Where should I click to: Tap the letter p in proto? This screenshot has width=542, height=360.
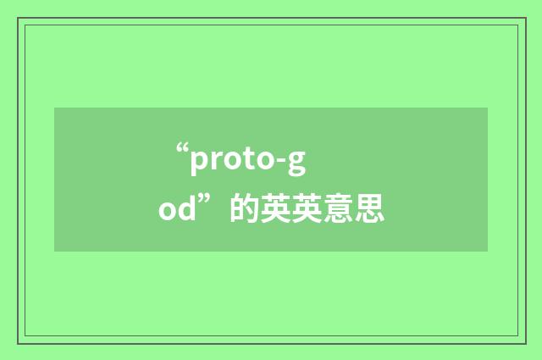pyautogui.click(x=199, y=163)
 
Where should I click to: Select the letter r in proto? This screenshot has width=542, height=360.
pyautogui.click(x=215, y=161)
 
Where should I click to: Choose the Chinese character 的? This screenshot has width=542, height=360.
pyautogui.click(x=243, y=208)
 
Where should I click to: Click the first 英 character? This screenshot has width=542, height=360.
pyautogui.click(x=274, y=208)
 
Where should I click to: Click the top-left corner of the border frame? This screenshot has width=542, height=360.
pyautogui.click(x=19, y=18)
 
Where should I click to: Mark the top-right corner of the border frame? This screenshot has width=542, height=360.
pyautogui.click(x=525, y=18)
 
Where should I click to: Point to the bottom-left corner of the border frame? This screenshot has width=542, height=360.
pyautogui.click(x=19, y=343)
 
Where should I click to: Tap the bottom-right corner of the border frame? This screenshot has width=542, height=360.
pyautogui.click(x=525, y=343)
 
